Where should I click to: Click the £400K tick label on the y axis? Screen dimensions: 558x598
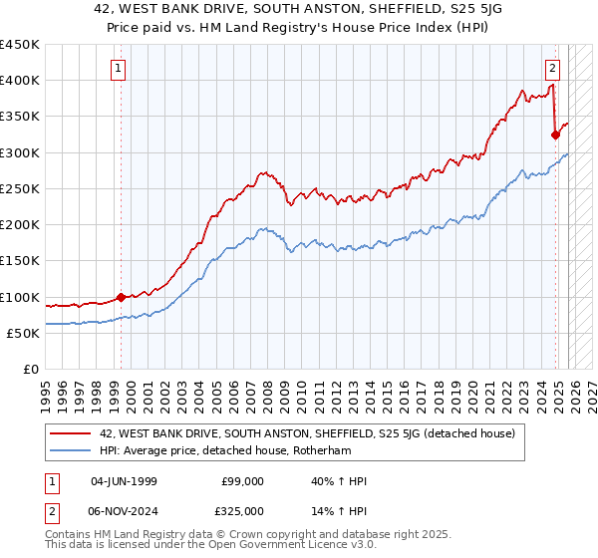[20, 81]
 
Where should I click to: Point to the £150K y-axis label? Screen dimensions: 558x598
[20, 261]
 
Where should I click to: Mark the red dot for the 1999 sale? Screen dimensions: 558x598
[121, 297]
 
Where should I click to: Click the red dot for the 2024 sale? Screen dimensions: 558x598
[555, 135]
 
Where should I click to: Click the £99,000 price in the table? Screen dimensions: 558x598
[242, 481]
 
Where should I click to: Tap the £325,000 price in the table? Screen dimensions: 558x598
[242, 510]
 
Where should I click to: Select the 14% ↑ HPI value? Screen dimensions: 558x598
[339, 510]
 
